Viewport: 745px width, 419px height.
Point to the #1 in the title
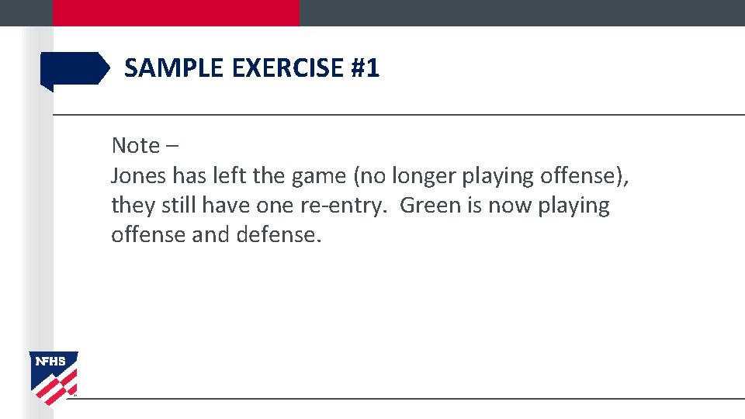pyautogui.click(x=366, y=68)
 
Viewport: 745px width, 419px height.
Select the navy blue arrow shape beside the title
pyautogui.click(x=74, y=69)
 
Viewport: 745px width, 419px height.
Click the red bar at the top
pyautogui.click(x=175, y=12)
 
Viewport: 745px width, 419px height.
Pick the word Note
pyautogui.click(x=135, y=145)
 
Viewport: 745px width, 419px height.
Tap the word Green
pyautogui.click(x=430, y=206)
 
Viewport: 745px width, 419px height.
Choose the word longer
pyautogui.click(x=424, y=177)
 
